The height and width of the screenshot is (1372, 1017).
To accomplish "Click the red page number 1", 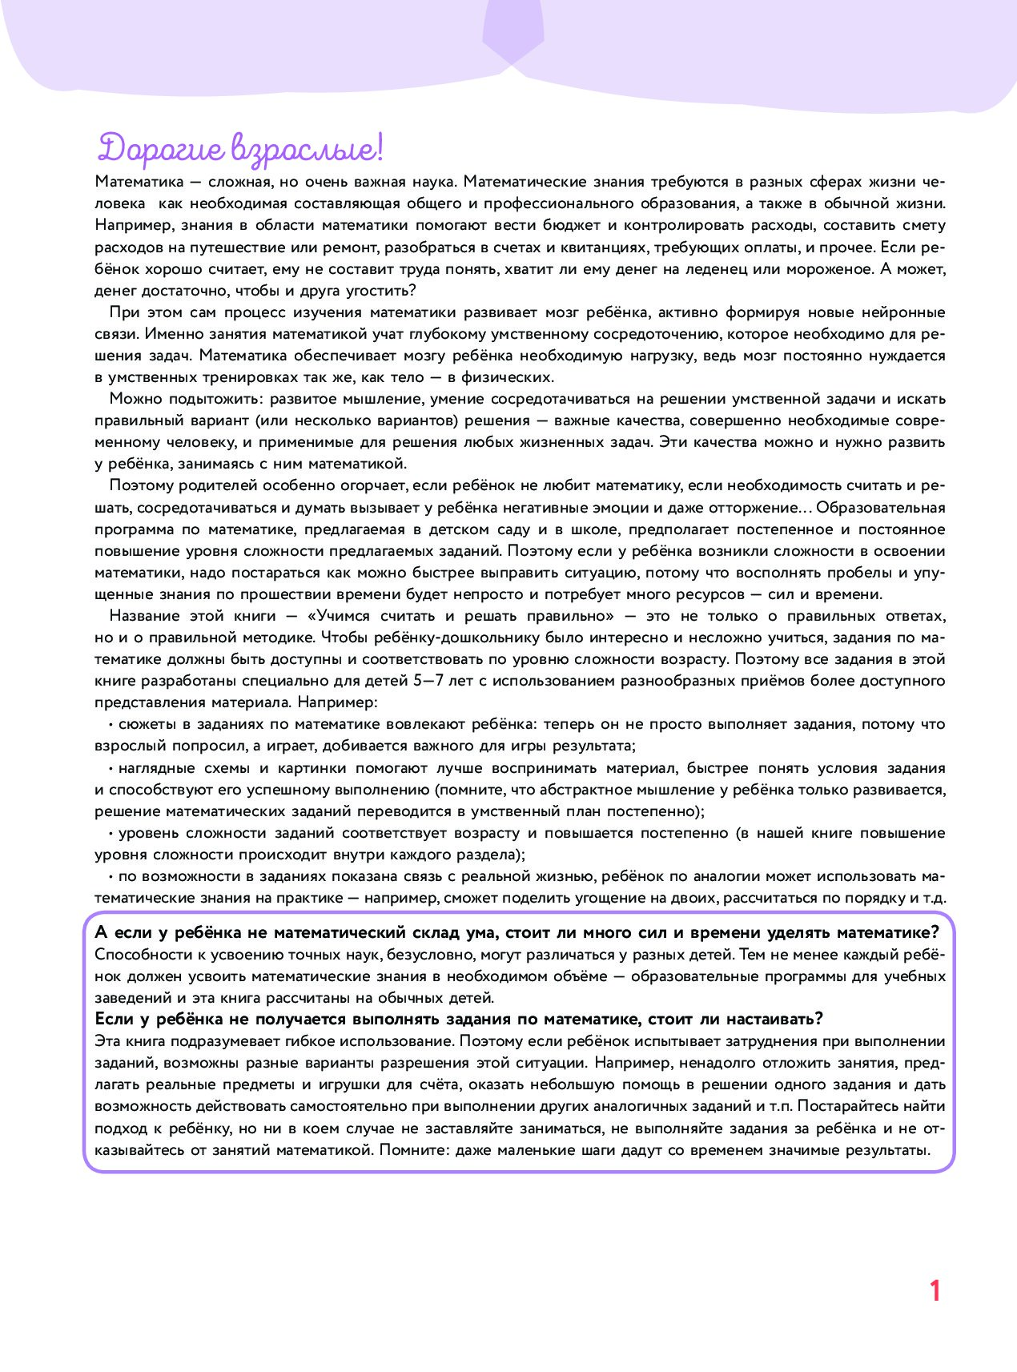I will coord(935,1291).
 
